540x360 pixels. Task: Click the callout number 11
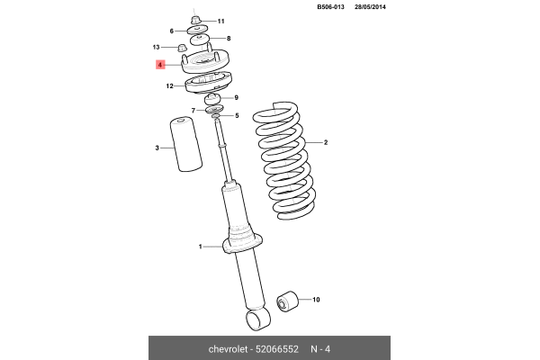point(221,21)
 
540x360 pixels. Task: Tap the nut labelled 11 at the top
point(197,19)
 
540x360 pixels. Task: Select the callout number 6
point(172,31)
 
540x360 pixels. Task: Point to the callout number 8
point(229,39)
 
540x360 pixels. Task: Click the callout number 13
point(156,47)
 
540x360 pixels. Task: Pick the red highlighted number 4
point(159,65)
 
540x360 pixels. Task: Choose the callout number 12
point(169,86)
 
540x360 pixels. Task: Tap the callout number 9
point(236,97)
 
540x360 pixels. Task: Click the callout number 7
point(193,110)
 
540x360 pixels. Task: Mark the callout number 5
point(236,115)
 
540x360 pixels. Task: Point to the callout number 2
point(326,143)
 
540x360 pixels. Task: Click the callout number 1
point(201,246)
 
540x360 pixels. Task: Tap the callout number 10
point(316,300)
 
